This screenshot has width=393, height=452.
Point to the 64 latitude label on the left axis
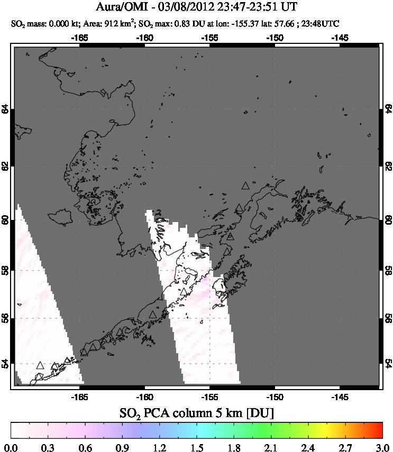click(x=5, y=109)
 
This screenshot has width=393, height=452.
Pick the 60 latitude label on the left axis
click(x=5, y=220)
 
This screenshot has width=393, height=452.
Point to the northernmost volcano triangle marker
click(x=245, y=186)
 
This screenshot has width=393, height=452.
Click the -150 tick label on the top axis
click(x=275, y=38)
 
